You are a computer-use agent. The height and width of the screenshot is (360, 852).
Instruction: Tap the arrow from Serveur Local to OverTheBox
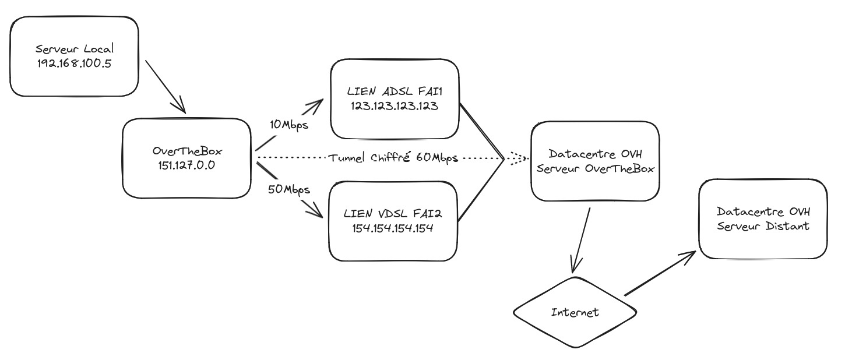(x=164, y=85)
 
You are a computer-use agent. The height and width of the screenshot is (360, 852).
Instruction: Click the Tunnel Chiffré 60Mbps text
(x=393, y=158)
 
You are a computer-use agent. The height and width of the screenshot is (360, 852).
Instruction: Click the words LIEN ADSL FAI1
(x=395, y=91)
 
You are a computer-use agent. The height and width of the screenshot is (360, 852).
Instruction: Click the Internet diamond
(x=575, y=312)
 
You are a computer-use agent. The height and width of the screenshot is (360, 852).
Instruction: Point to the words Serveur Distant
(x=763, y=226)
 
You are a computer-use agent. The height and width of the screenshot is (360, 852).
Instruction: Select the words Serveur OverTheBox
(x=594, y=169)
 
